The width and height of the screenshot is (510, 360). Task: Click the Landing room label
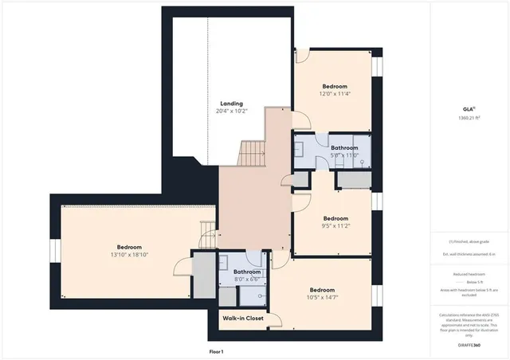coord(232,104)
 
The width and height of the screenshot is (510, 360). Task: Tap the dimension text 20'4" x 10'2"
coord(232,112)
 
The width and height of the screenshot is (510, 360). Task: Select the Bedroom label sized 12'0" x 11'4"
coord(335,86)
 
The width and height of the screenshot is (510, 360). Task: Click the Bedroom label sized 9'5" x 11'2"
coord(335,218)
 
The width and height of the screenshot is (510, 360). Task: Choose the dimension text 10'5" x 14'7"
coord(322,297)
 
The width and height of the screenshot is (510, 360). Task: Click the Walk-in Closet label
coord(243,319)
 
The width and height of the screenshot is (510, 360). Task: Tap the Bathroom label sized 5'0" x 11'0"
coord(344,148)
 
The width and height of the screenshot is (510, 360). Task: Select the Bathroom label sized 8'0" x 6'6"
coord(247,272)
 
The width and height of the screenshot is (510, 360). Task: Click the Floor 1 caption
coord(216,351)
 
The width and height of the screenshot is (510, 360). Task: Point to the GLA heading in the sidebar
coord(470,109)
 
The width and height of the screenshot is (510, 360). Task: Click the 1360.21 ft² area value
coord(470,118)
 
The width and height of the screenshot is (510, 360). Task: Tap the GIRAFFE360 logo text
coord(471,346)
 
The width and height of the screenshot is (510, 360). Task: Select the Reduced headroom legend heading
coord(471,274)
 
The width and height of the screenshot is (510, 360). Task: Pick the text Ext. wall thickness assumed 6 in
coord(470,254)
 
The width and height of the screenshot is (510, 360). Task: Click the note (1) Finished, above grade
coord(470,242)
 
